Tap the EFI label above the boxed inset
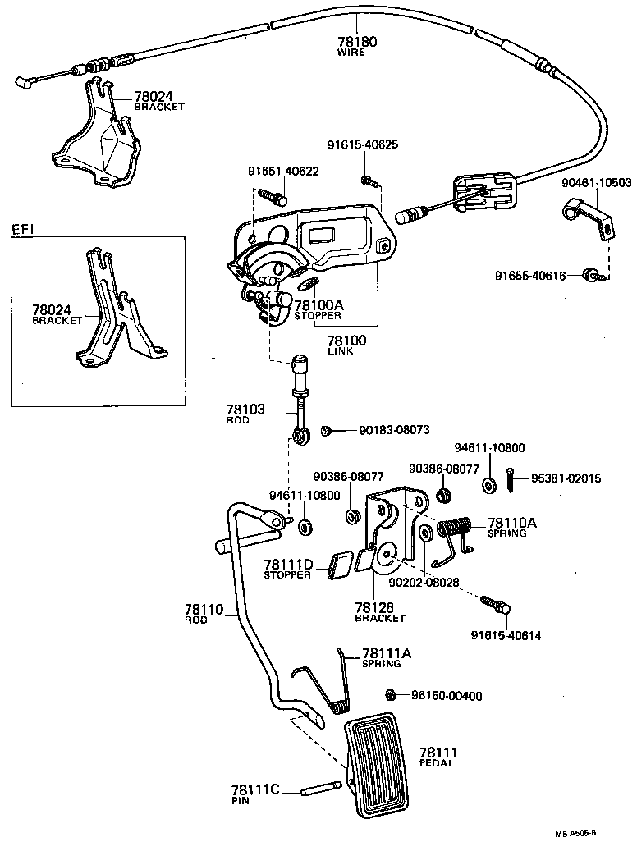pyautogui.click(x=25, y=229)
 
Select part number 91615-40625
pyautogui.click(x=362, y=145)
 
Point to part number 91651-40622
pyautogui.click(x=283, y=172)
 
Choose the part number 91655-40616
pyautogui.click(x=530, y=276)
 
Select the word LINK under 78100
pyautogui.click(x=340, y=351)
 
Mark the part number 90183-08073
pyautogui.click(x=393, y=430)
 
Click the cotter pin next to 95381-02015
pyautogui.click(x=511, y=479)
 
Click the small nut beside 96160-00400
pyautogui.click(x=392, y=695)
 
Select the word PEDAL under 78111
pyautogui.click(x=437, y=763)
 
